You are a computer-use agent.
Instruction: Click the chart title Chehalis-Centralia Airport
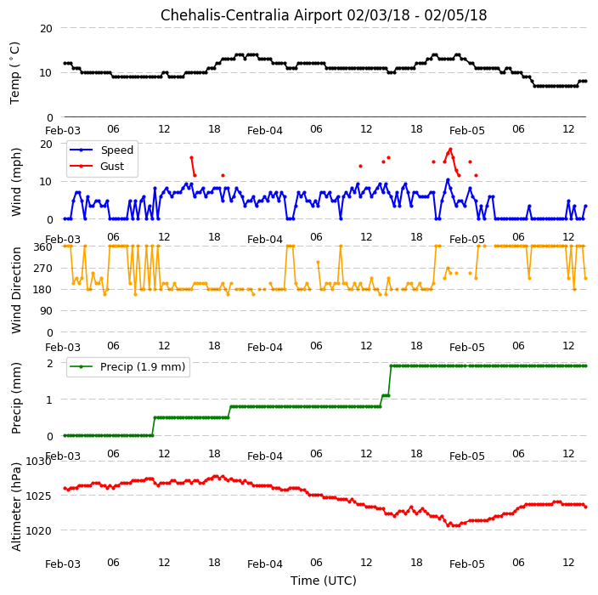[251, 15]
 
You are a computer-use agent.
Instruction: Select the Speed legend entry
[101, 150]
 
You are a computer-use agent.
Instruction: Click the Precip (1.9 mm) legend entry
[127, 366]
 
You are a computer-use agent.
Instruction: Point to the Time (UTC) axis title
[324, 581]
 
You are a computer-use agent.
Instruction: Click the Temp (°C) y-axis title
[15, 73]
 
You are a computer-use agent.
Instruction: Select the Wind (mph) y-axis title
[16, 182]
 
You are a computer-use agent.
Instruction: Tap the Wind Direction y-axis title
[16, 290]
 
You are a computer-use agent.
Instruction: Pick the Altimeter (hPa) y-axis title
[16, 507]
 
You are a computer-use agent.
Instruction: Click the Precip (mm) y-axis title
[16, 398]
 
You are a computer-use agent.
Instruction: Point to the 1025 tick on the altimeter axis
[38, 496]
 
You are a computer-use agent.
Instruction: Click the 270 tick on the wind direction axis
[42, 269]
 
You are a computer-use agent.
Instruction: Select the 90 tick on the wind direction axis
[46, 311]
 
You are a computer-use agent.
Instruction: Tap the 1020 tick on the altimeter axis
[38, 531]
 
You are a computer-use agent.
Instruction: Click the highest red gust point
[450, 150]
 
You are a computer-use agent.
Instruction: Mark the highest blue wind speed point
[448, 179]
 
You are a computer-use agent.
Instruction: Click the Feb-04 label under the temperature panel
[265, 131]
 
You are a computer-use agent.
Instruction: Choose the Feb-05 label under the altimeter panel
[467, 564]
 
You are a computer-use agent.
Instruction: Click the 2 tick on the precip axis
[49, 363]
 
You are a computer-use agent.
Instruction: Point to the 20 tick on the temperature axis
[46, 29]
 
